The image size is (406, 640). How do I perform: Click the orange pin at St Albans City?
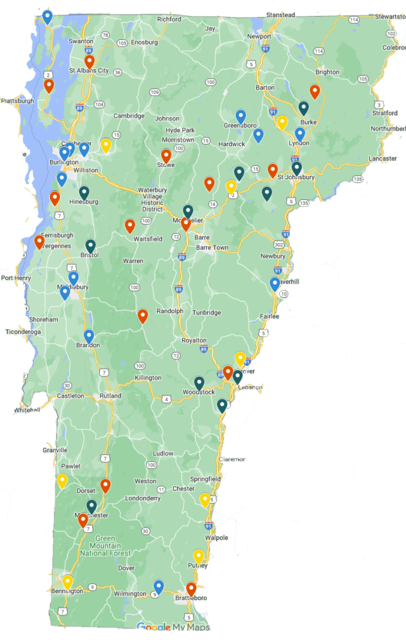coord(89,62)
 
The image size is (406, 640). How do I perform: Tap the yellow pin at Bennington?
coord(67,582)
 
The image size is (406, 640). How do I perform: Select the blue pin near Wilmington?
coord(159,587)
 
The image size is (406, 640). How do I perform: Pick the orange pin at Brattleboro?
coord(191,589)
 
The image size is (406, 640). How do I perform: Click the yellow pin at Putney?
coord(199,556)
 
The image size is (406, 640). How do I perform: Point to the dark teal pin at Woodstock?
coord(199,383)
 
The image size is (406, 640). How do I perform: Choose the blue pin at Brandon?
coord(89,336)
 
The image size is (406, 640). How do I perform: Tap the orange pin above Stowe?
coord(166,155)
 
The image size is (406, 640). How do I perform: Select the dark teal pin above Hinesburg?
coord(84,192)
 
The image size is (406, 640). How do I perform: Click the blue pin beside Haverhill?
coord(275,283)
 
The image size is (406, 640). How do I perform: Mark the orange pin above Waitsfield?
coord(130,225)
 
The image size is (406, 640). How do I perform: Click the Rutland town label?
coord(110,396)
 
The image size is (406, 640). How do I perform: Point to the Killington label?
coord(148,378)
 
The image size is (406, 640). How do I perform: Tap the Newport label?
coord(259,36)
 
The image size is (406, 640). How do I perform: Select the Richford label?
coord(169,20)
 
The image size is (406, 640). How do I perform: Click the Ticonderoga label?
coord(23,331)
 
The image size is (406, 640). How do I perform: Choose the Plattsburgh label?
coord(17,100)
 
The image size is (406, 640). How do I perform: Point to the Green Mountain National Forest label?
coord(105,546)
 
